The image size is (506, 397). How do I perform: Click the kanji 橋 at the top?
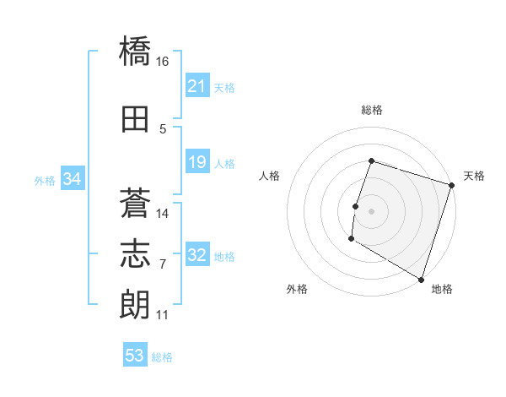tap(135, 52)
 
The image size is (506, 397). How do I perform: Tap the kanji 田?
tap(135, 118)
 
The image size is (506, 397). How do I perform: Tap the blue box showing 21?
tap(197, 86)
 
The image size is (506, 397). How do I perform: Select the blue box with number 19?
tap(197, 162)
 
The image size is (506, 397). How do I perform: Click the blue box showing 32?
tap(197, 256)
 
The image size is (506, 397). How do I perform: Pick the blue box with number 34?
tap(72, 179)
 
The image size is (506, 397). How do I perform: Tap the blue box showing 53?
tap(134, 356)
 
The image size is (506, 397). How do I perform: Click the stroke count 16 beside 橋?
tap(163, 62)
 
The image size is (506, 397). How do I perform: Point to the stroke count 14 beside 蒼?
tap(163, 213)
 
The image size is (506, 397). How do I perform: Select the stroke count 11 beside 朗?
tap(163, 315)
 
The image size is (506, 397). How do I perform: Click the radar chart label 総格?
tap(372, 110)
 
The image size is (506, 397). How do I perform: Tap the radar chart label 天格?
tap(474, 176)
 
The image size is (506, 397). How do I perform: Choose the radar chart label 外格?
tap(297, 289)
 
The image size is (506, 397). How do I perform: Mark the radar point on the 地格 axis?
tap(421, 279)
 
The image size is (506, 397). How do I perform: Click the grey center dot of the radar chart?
tap(371, 210)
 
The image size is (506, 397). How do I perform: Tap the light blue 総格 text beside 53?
tap(162, 357)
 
